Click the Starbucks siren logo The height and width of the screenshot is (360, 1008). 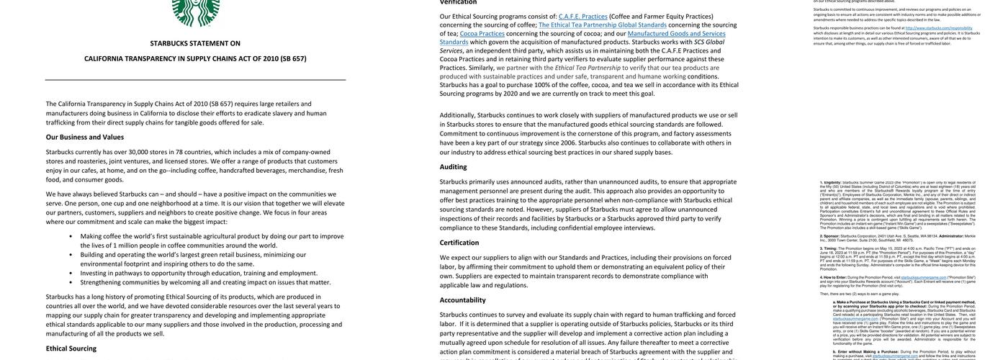click(x=196, y=12)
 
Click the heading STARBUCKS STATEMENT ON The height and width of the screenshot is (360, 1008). click(x=195, y=43)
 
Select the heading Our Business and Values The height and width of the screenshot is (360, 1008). click(x=85, y=137)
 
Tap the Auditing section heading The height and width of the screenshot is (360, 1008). click(x=454, y=166)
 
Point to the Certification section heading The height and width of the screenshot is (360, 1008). click(x=459, y=243)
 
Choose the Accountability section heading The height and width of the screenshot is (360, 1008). click(x=463, y=300)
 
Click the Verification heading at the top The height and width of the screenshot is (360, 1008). click(x=459, y=2)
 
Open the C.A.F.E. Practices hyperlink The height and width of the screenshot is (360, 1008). click(x=583, y=17)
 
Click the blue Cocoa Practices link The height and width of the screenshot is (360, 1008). click(x=482, y=33)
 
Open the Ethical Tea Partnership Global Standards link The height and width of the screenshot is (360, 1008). click(x=603, y=24)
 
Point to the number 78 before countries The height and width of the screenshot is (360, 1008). click(x=179, y=152)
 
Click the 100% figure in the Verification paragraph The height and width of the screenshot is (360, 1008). click(x=542, y=85)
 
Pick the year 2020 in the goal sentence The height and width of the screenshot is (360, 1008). click(x=510, y=94)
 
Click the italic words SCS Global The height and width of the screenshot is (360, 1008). click(x=709, y=42)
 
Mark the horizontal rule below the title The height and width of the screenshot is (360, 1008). click(x=195, y=79)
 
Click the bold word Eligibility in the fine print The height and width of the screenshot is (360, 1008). click(x=832, y=183)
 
